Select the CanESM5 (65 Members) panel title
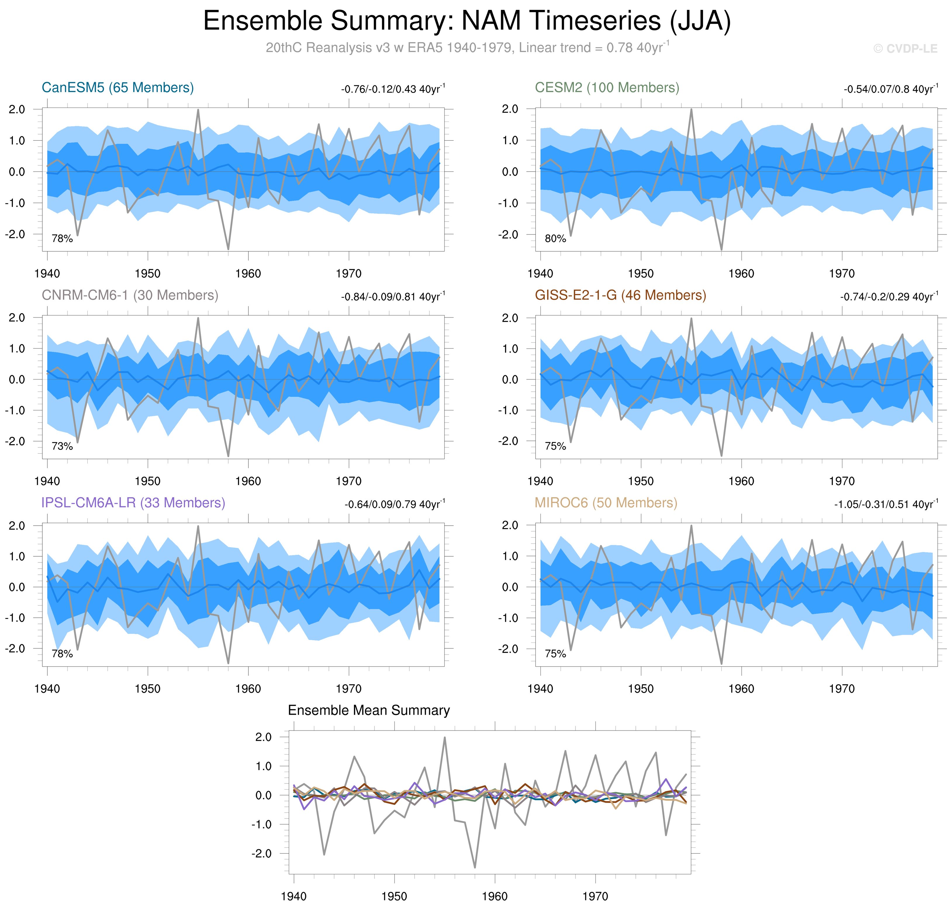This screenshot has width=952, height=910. click(x=118, y=88)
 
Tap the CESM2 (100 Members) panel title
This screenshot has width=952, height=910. click(x=607, y=88)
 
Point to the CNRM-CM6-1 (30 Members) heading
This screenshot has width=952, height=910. click(x=130, y=296)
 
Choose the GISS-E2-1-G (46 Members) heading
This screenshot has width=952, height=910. click(x=620, y=296)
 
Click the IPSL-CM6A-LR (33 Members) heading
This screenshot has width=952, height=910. click(x=133, y=503)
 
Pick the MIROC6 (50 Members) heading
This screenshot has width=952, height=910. click(x=606, y=503)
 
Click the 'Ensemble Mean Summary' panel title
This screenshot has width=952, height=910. click(x=369, y=711)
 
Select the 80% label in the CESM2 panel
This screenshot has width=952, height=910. click(x=555, y=239)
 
